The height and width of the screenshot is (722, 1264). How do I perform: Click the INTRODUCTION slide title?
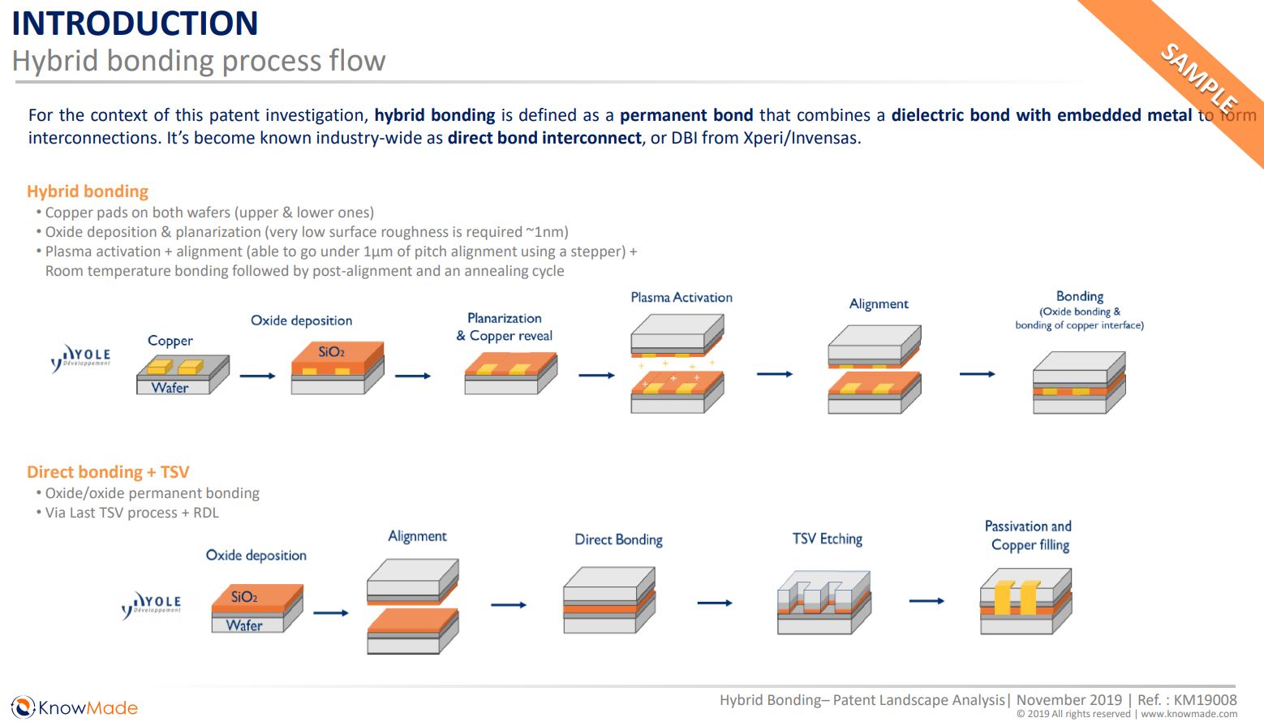point(135,23)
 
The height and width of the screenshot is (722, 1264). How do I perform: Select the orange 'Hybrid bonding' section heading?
point(88,191)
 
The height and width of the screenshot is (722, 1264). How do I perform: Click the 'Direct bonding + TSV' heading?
point(108,472)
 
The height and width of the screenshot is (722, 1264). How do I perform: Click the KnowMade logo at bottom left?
point(75,707)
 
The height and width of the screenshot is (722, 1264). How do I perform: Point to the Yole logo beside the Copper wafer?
point(81,358)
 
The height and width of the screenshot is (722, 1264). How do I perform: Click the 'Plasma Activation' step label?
point(681,298)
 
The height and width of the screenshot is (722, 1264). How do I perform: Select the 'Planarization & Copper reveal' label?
point(505,327)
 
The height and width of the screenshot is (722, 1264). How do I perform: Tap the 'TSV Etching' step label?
point(827,539)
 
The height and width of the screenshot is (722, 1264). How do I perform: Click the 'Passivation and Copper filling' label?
point(1029,535)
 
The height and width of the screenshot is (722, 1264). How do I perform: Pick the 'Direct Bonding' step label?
point(618,539)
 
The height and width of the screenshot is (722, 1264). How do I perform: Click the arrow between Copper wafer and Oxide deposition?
point(258,376)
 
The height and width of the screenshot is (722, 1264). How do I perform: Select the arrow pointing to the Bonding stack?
point(977,374)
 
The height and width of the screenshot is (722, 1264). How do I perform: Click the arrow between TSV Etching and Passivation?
point(927,601)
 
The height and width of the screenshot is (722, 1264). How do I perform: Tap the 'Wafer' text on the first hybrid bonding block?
point(170,388)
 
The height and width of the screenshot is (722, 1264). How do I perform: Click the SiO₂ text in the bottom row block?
point(244,597)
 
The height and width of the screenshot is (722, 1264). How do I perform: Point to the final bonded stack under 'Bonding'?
point(1078,383)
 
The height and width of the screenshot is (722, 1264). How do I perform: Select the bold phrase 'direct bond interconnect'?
point(544,138)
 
